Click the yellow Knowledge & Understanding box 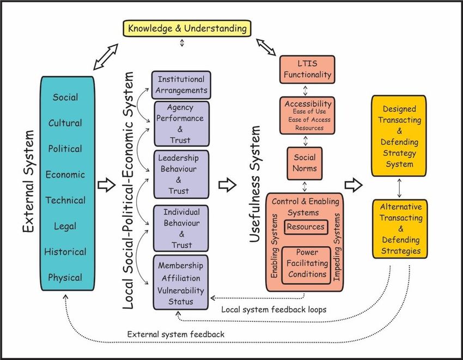tap(187, 28)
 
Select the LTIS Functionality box tap(307, 69)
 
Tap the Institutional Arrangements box tap(181, 85)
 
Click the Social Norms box tap(304, 163)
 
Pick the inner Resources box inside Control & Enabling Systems tap(306, 227)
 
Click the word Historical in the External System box tap(65, 252)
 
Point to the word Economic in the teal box tap(65, 174)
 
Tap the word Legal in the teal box tap(65, 226)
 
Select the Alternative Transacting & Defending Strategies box tap(400, 229)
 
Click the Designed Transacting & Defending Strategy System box tap(399, 136)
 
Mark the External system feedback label tap(176, 334)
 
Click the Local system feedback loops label tap(274, 309)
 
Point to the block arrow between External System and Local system tap(106, 185)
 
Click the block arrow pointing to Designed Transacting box tap(354, 185)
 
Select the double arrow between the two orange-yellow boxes tap(399, 188)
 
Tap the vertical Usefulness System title tap(254, 184)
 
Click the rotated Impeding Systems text tap(337, 247)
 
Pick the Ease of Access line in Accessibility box tap(309, 120)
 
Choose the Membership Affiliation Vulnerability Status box tap(180, 283)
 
